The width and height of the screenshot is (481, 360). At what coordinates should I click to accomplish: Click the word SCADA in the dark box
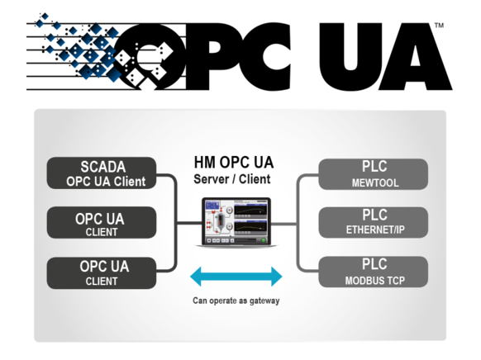[x=103, y=167]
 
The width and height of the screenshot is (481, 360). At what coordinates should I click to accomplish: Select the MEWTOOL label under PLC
[x=375, y=183]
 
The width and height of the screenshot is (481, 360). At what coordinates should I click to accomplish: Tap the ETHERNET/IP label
[x=375, y=230]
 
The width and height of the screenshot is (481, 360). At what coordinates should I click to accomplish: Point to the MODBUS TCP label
[x=375, y=281]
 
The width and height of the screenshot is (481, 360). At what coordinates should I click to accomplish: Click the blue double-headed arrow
[x=236, y=277]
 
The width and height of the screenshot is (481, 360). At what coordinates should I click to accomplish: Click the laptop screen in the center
[x=236, y=221]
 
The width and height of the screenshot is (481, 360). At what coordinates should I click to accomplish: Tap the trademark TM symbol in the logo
[x=440, y=26]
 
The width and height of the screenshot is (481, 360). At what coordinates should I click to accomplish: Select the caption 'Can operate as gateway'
[x=236, y=301]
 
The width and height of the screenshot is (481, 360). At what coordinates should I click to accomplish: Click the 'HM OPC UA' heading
[x=234, y=163]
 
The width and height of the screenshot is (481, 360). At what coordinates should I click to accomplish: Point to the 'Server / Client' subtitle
[x=232, y=179]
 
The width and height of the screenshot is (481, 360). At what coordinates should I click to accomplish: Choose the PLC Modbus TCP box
[x=374, y=272]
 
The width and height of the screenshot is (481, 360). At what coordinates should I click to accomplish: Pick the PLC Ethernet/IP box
[x=374, y=222]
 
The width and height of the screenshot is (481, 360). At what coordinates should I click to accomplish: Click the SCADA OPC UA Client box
[x=102, y=173]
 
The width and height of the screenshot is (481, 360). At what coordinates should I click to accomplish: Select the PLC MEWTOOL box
[x=374, y=174]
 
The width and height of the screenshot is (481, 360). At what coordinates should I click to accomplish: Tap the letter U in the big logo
[x=349, y=57]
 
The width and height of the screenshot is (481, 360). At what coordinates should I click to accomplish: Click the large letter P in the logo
[x=212, y=57]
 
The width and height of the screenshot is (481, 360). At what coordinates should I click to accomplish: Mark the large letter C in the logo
[x=266, y=57]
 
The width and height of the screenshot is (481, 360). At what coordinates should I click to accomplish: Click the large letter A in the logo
[x=416, y=57]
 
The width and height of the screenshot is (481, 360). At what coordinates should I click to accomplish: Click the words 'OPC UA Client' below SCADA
[x=106, y=182]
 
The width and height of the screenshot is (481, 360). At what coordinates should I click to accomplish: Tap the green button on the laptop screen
[x=263, y=240]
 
